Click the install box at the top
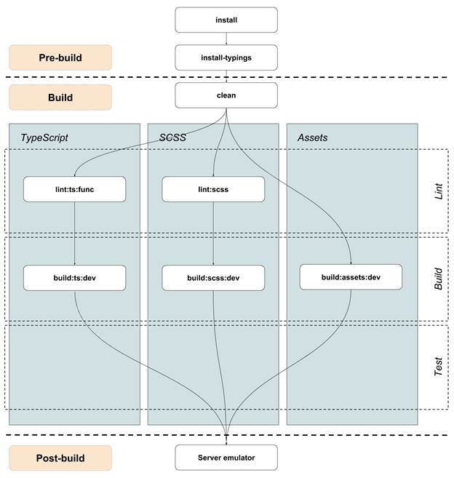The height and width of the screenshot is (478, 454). pyautogui.click(x=226, y=20)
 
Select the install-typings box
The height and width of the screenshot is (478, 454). pyautogui.click(x=226, y=57)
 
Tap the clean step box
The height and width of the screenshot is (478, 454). pyautogui.click(x=226, y=95)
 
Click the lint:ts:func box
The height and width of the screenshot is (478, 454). pyautogui.click(x=74, y=189)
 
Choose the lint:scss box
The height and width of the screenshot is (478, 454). pyautogui.click(x=212, y=189)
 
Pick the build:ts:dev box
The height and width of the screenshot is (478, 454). pyautogui.click(x=74, y=277)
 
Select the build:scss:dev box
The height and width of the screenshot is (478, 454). pyautogui.click(x=212, y=277)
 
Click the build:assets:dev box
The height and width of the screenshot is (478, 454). pyautogui.click(x=351, y=276)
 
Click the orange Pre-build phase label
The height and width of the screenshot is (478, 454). pyautogui.click(x=60, y=57)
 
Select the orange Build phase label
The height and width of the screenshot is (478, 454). pyautogui.click(x=60, y=97)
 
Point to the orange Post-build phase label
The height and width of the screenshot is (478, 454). pyautogui.click(x=60, y=458)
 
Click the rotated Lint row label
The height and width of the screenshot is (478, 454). pyautogui.click(x=438, y=192)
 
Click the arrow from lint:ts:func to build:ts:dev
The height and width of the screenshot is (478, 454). pyautogui.click(x=74, y=233)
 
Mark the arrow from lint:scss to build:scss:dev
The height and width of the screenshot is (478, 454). pyautogui.click(x=212, y=233)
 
